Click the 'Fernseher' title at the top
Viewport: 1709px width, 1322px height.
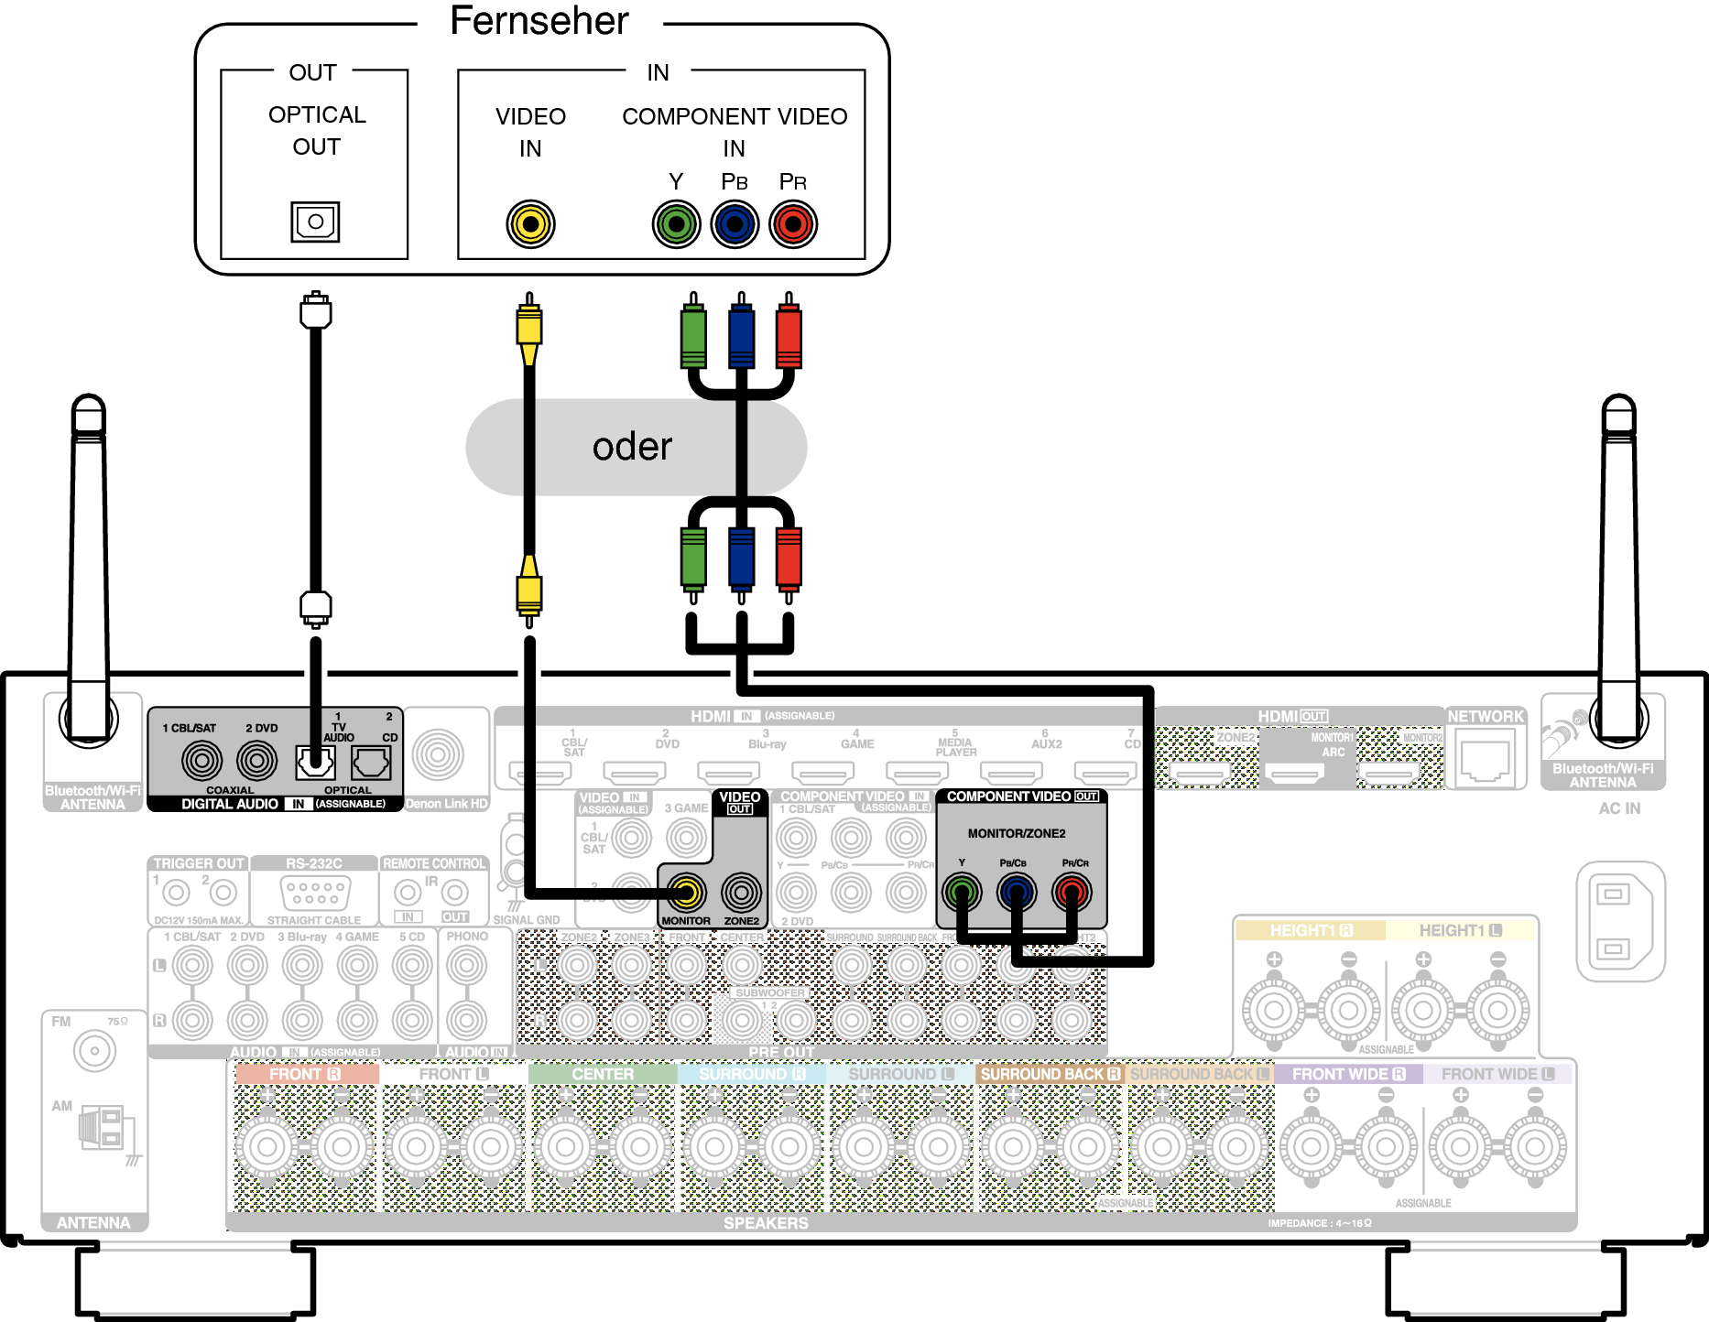(x=539, y=21)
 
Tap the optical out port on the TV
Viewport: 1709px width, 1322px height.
(x=315, y=222)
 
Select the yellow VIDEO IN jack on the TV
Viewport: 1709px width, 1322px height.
(x=530, y=224)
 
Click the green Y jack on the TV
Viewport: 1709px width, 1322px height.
(x=676, y=224)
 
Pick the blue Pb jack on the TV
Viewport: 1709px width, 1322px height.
(x=735, y=224)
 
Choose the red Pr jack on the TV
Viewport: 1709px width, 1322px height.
(x=793, y=224)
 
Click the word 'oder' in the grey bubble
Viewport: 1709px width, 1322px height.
(x=632, y=447)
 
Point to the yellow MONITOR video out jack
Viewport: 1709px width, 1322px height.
(x=686, y=892)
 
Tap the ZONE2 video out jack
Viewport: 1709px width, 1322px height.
(x=741, y=892)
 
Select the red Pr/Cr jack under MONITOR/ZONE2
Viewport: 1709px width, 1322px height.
(x=1072, y=891)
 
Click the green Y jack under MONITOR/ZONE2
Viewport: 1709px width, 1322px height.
(x=962, y=891)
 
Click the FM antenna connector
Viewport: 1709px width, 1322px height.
(x=94, y=1051)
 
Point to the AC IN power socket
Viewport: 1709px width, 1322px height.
(x=1619, y=920)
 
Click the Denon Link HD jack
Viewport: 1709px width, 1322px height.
(x=438, y=755)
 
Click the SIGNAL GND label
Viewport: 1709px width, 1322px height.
(x=526, y=920)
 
